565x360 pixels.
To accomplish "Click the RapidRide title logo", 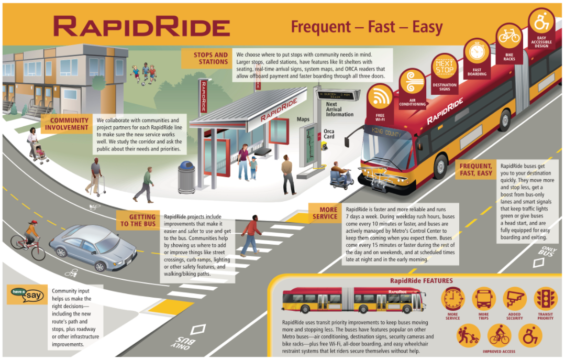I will pyautogui.click(x=142, y=26).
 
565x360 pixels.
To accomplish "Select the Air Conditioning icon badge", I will pyautogui.click(x=412, y=83).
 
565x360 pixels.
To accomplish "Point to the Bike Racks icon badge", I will pyautogui.click(x=508, y=37).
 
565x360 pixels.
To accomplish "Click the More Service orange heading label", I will pyautogui.click(x=325, y=213).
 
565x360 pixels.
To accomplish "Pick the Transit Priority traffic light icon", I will pyautogui.click(x=545, y=299).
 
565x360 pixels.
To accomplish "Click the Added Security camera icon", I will pyautogui.click(x=514, y=299).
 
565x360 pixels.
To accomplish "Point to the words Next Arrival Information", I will pyautogui.click(x=339, y=109).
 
